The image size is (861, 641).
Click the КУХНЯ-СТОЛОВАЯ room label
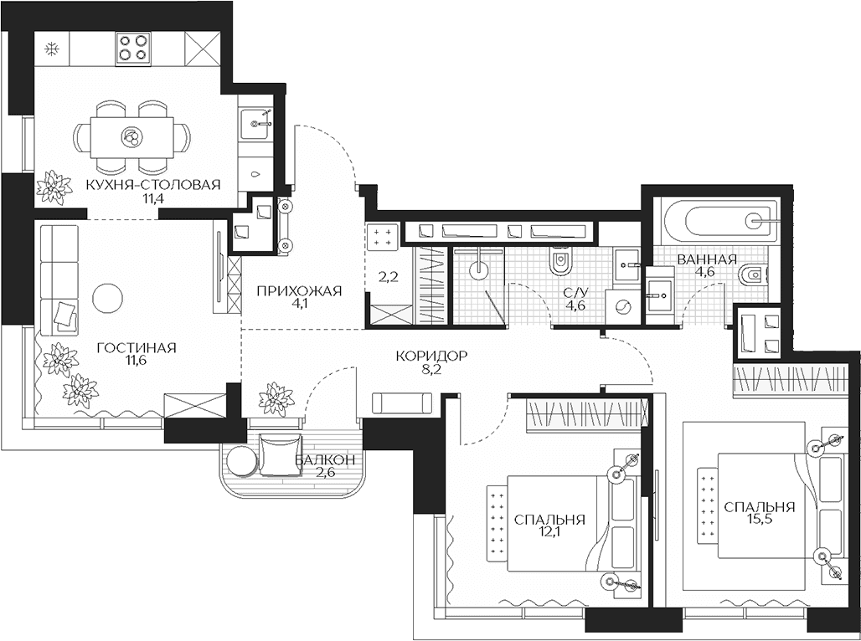[152, 185]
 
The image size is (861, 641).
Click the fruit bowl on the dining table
[131, 136]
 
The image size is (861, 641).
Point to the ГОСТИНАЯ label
[137, 348]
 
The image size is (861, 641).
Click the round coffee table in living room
[107, 299]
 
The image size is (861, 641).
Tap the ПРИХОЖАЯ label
[299, 291]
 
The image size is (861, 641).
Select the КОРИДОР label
[431, 356]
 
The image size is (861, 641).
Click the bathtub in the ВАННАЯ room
[721, 222]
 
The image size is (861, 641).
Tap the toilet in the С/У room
[561, 262]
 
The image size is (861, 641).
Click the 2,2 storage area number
[389, 277]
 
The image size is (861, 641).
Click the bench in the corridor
[404, 403]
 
